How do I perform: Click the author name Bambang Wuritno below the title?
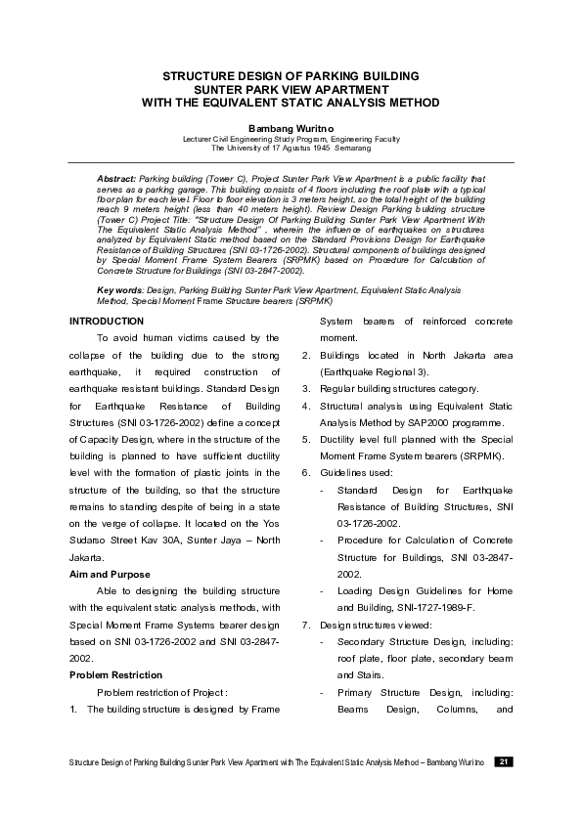[x=290, y=127]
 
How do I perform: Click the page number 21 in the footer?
[x=503, y=761]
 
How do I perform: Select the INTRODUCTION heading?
[x=108, y=322]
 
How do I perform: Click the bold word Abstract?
[x=116, y=180]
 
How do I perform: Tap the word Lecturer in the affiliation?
[x=201, y=139]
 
